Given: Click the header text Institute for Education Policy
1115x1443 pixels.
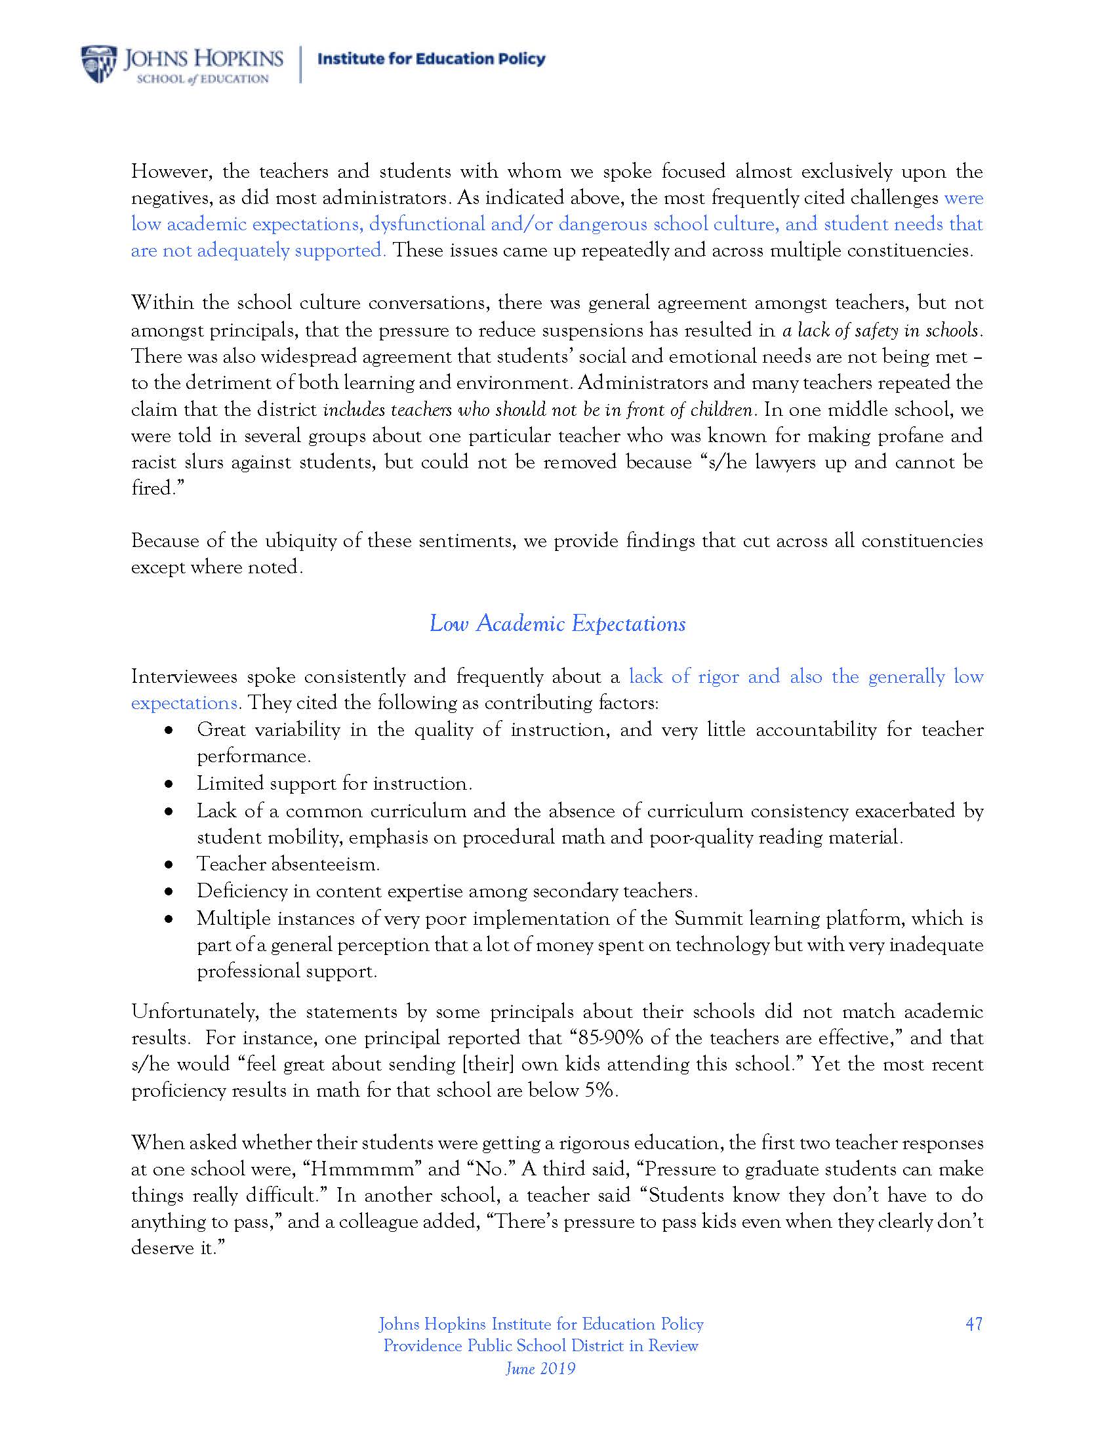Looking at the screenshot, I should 432,59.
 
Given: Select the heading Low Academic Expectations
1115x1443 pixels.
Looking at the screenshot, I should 557,624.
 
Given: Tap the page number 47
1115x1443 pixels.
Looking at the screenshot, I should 973,1324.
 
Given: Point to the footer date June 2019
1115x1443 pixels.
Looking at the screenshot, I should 540,1368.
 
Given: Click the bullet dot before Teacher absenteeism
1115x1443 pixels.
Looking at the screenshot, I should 169,864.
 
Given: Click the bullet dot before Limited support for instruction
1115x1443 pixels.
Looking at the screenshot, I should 169,784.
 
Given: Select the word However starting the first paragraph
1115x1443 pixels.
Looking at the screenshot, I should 171,172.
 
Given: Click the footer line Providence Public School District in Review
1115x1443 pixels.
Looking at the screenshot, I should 540,1346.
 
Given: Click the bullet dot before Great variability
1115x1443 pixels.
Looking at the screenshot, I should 169,730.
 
